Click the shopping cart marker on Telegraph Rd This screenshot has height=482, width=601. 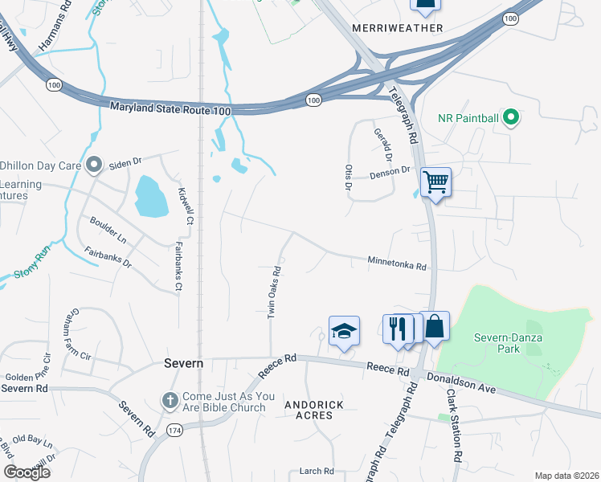[435, 182]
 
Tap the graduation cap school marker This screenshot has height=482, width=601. [344, 330]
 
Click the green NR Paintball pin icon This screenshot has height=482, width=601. [510, 119]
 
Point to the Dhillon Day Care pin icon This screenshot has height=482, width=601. [94, 165]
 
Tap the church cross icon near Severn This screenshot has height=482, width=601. [170, 399]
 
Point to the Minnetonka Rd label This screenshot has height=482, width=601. [397, 262]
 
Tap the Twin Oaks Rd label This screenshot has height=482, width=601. [273, 291]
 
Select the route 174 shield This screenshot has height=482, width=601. [174, 431]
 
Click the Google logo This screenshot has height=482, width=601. [27, 472]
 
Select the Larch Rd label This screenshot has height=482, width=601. [316, 472]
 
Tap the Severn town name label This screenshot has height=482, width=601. [184, 363]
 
